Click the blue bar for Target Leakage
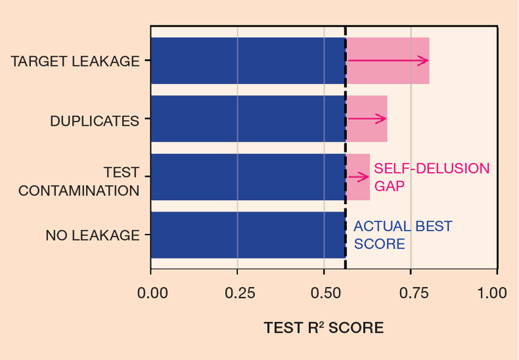(247, 60)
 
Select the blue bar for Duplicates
(247, 119)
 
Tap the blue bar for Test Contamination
(247, 177)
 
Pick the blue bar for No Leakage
(247, 235)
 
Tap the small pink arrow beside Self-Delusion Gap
(358, 177)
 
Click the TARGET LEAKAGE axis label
(75, 61)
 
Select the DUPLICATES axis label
(94, 121)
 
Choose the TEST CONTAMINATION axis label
(78, 182)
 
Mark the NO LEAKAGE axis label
(92, 236)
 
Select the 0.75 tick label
(410, 293)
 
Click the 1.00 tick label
(497, 293)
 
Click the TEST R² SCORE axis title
(324, 328)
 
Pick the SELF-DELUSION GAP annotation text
(431, 176)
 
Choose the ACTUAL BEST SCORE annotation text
(402, 235)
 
